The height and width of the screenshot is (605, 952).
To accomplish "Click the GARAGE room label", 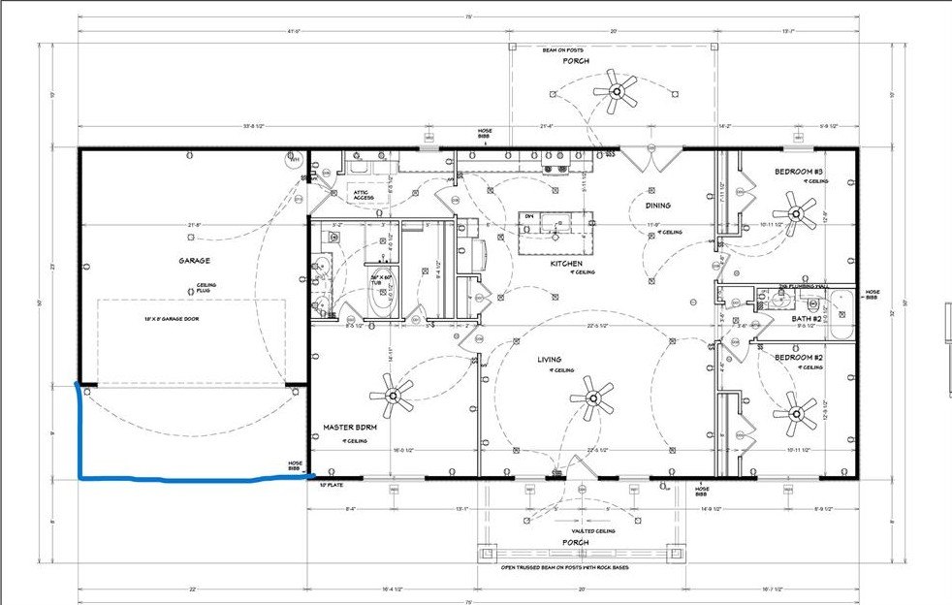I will [x=194, y=260].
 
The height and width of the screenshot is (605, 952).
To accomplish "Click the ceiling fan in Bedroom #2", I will [x=800, y=412].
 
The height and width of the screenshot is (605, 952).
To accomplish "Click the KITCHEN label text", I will [x=566, y=264].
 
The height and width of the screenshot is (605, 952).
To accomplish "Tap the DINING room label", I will [x=658, y=206].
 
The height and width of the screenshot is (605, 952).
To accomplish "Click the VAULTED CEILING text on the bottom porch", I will [x=590, y=531].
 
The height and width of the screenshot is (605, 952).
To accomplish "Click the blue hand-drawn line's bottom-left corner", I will [x=79, y=477].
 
